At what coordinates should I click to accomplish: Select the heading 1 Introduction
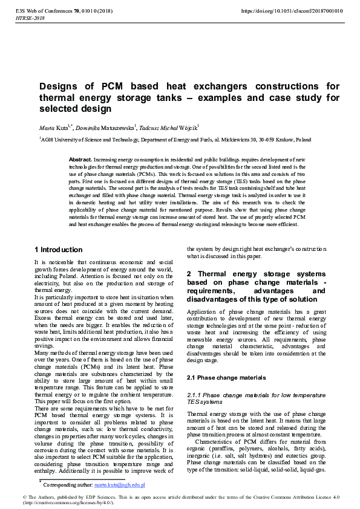[58, 250]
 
